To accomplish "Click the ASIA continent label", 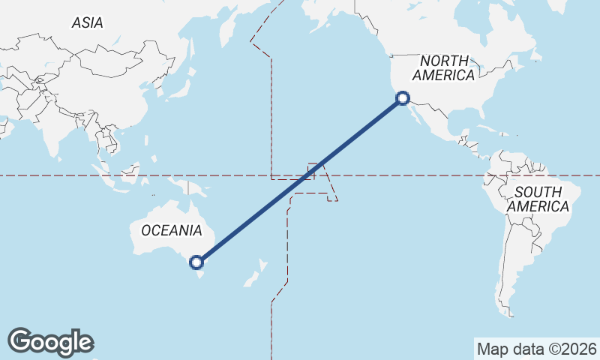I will pyautogui.click(x=88, y=23).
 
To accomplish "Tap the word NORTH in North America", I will pyautogui.click(x=444, y=61).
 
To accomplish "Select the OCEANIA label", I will pyautogui.click(x=171, y=230).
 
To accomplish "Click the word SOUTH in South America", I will pyautogui.click(x=538, y=192).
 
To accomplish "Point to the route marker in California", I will pyautogui.click(x=403, y=97).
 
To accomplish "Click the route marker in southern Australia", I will pyautogui.click(x=196, y=262).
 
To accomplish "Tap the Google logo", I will pyautogui.click(x=50, y=341).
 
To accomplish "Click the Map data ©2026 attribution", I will pyautogui.click(x=536, y=349).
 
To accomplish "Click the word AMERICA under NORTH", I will pyautogui.click(x=444, y=75).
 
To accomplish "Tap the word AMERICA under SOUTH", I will pyautogui.click(x=538, y=206).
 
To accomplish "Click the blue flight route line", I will pyautogui.click(x=300, y=180).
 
